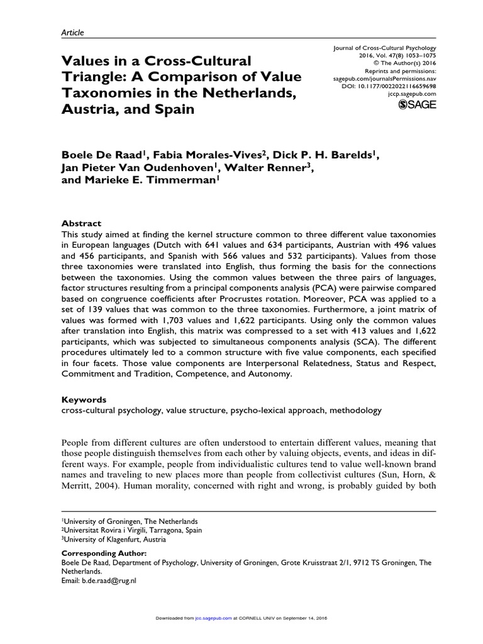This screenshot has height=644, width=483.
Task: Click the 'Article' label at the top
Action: pos(72,32)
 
